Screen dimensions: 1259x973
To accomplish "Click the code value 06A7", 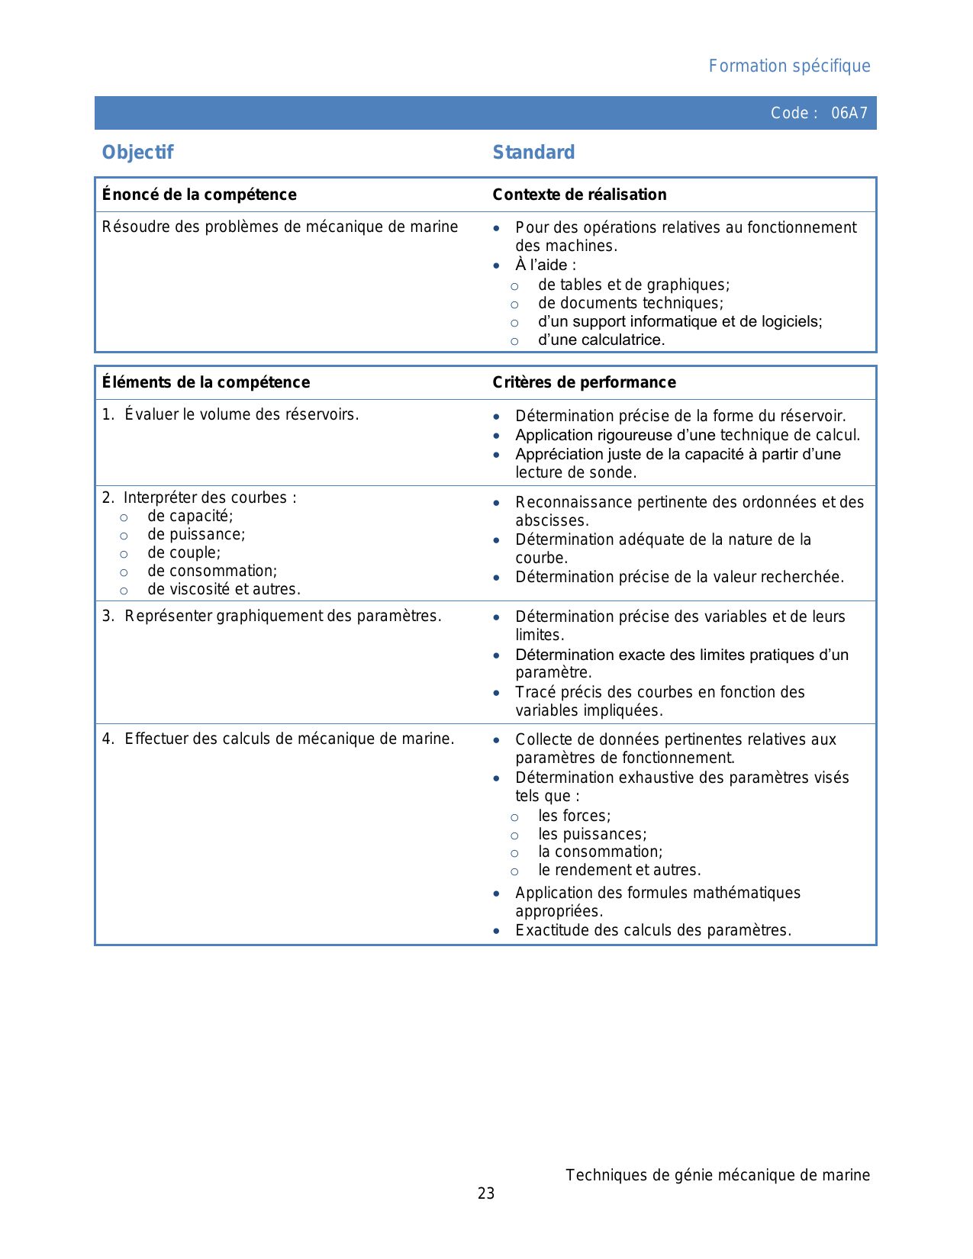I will tap(849, 114).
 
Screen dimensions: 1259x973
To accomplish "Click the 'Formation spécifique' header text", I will tap(789, 66).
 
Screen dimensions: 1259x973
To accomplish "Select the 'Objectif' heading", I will tap(138, 153).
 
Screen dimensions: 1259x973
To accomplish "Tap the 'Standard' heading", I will tap(533, 153).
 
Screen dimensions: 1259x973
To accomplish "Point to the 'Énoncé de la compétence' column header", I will tap(199, 195).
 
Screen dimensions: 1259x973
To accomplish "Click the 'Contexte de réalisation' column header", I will tap(579, 195).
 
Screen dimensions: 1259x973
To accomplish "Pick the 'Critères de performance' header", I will tap(584, 382).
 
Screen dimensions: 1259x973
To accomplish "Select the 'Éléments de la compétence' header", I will tap(206, 382).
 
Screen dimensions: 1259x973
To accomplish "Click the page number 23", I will tap(486, 1193).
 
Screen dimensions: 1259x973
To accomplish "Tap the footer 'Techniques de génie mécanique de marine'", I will tap(717, 1175).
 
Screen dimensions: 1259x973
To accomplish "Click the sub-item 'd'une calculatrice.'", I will tap(601, 340).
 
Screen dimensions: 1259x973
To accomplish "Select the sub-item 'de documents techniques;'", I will tap(630, 304).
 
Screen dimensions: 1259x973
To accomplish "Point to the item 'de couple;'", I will tap(184, 553).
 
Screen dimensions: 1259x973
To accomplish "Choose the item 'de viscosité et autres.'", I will tap(224, 590).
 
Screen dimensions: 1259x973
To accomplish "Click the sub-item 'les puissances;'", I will tap(592, 835).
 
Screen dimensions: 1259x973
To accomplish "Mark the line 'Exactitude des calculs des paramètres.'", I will tap(653, 931).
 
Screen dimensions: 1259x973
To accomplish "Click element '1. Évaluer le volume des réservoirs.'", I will tap(230, 415).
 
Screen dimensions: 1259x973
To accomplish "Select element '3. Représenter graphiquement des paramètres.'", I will tap(272, 617).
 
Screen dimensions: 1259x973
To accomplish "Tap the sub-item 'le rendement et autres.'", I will tap(619, 871).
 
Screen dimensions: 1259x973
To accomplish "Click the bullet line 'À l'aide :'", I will tap(546, 266).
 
